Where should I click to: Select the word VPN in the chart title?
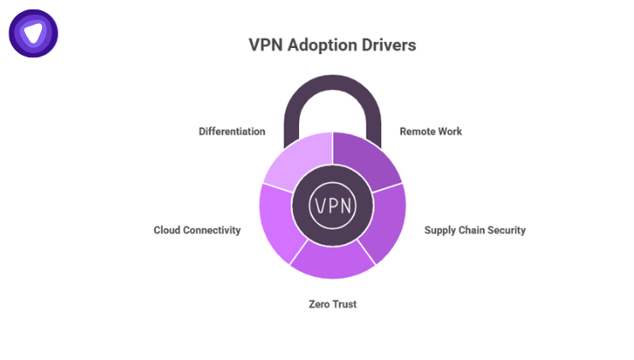click(x=266, y=44)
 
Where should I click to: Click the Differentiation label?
click(x=231, y=132)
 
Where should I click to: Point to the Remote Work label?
click(x=431, y=132)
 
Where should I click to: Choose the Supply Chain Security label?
click(x=475, y=230)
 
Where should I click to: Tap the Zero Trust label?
click(x=332, y=303)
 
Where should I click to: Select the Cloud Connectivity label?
click(x=197, y=230)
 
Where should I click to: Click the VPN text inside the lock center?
click(x=332, y=206)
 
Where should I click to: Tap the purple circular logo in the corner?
click(x=33, y=33)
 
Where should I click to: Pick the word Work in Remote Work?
click(x=449, y=132)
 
